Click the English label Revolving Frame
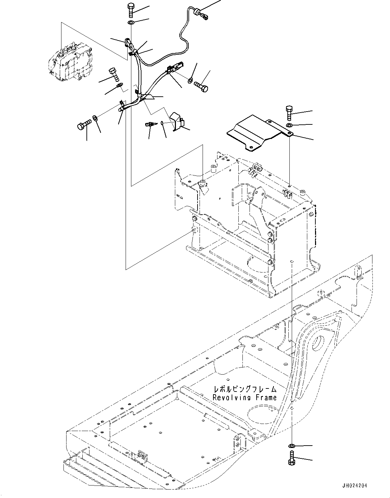coord(244,398)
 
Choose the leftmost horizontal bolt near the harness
coord(84,124)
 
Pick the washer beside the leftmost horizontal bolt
coord(96,118)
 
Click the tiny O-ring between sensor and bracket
coord(162,122)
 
